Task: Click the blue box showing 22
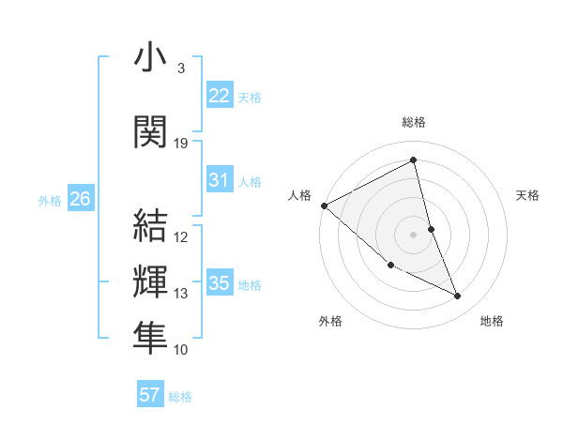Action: coord(219,96)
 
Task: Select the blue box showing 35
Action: coord(219,283)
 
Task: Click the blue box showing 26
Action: coord(80,199)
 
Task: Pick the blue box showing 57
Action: coord(150,395)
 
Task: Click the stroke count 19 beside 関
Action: coord(181,144)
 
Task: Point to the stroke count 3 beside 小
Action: coord(181,68)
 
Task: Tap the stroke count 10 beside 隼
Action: coord(181,350)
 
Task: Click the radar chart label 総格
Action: coord(414,122)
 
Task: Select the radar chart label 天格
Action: coord(528,195)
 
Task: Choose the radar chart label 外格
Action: coord(330,321)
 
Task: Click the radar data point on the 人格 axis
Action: coord(324,205)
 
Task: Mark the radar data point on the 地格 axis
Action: coord(458,296)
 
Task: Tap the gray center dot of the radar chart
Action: coord(414,234)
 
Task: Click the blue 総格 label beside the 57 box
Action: coord(180,397)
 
